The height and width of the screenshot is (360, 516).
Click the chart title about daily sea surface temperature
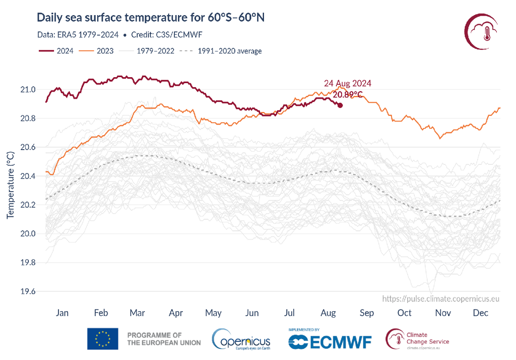(x=151, y=18)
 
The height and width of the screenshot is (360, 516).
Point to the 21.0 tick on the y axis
(x=28, y=90)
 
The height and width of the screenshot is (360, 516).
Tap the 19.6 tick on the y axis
(x=28, y=292)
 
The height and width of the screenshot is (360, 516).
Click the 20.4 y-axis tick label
(x=28, y=176)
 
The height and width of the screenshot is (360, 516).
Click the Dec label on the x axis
(x=481, y=313)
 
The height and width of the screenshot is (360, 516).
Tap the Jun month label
(x=251, y=313)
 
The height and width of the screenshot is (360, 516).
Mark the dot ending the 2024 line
(x=340, y=105)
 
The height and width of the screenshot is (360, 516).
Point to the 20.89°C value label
(x=348, y=94)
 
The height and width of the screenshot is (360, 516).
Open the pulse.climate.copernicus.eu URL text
(x=441, y=299)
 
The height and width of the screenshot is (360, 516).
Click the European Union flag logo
(x=103, y=339)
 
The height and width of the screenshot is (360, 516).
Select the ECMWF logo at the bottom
(x=330, y=341)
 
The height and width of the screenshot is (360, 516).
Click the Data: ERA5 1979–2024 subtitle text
(x=78, y=34)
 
